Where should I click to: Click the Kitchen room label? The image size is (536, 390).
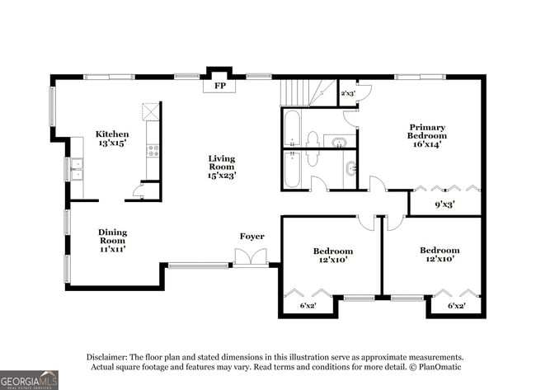[x=112, y=134]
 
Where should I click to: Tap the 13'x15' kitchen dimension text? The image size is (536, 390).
[x=112, y=143]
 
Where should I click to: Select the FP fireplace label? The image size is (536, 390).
[x=220, y=86]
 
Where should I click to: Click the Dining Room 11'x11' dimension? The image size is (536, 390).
[x=112, y=248]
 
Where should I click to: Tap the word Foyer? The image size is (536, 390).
[x=252, y=237]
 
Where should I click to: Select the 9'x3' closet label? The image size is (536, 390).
[x=445, y=202]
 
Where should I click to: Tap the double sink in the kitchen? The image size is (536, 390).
[x=77, y=168]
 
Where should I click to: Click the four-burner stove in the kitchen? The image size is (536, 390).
[x=153, y=150]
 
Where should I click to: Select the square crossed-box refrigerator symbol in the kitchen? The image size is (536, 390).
[x=151, y=111]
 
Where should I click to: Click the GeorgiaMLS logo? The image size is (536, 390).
[x=30, y=379]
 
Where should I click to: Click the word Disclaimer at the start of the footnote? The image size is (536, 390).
[x=111, y=357]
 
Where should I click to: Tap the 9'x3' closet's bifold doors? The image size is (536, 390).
[x=445, y=188]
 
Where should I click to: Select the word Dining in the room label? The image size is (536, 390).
[x=112, y=232]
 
